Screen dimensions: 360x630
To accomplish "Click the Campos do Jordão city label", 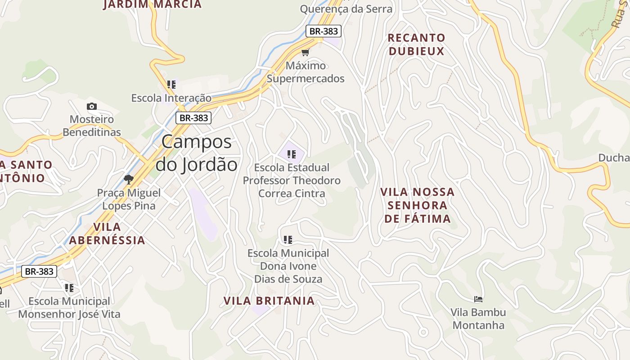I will click(x=197, y=153).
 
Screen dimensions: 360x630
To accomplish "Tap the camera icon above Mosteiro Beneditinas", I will click(x=92, y=106).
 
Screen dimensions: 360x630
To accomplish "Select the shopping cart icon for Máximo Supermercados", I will click(x=306, y=52).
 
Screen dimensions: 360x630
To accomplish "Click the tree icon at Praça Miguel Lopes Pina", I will click(x=129, y=180).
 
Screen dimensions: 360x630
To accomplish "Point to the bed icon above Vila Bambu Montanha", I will click(x=478, y=299).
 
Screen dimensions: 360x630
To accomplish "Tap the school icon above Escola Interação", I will click(x=171, y=84).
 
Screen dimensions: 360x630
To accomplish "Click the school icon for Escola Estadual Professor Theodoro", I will click(x=291, y=154).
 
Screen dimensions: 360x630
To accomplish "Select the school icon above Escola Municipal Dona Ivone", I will click(x=288, y=240).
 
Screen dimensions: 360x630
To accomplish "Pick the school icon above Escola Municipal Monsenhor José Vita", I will click(x=69, y=288).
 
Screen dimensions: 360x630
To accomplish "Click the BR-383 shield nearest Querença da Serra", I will click(x=323, y=31).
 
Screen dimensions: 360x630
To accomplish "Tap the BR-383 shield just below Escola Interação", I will click(x=193, y=118).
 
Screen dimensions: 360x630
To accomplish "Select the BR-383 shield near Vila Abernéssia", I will click(x=39, y=271).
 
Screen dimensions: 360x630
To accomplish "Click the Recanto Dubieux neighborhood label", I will click(x=416, y=44).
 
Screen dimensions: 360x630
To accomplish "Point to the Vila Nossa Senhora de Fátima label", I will click(x=417, y=205).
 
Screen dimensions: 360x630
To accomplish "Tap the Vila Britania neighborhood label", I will click(x=269, y=301).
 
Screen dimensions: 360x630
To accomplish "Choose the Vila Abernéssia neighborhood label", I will click(x=107, y=233).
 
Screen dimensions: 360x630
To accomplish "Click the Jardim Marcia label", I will click(x=152, y=4).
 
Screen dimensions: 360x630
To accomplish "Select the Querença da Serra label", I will click(x=346, y=9).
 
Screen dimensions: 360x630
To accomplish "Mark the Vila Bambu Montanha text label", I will click(x=478, y=319).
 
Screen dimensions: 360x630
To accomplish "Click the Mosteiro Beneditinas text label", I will click(x=92, y=126).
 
